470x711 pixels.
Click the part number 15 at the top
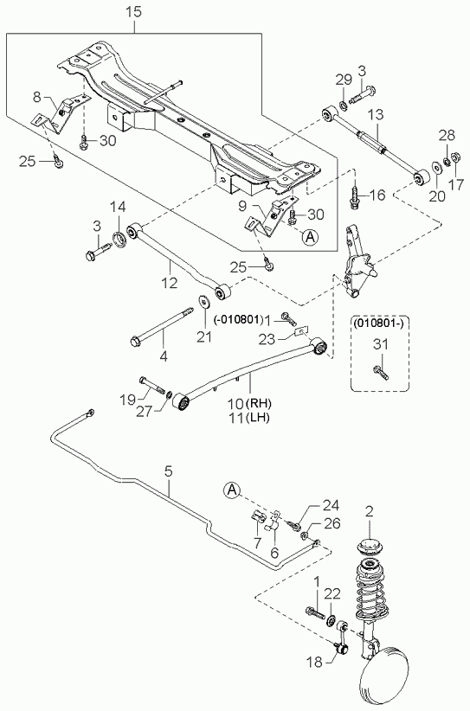pyautogui.click(x=134, y=12)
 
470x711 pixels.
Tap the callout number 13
pyautogui.click(x=376, y=114)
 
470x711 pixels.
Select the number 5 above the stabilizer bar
pyautogui.click(x=169, y=471)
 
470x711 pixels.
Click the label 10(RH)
pyautogui.click(x=248, y=403)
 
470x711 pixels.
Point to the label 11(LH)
pyautogui.click(x=248, y=418)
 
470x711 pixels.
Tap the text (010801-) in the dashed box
pyautogui.click(x=380, y=323)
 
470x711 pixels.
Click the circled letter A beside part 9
pyautogui.click(x=311, y=236)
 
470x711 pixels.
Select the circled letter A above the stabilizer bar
pyautogui.click(x=231, y=490)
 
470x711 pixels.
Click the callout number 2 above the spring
pyautogui.click(x=370, y=512)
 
